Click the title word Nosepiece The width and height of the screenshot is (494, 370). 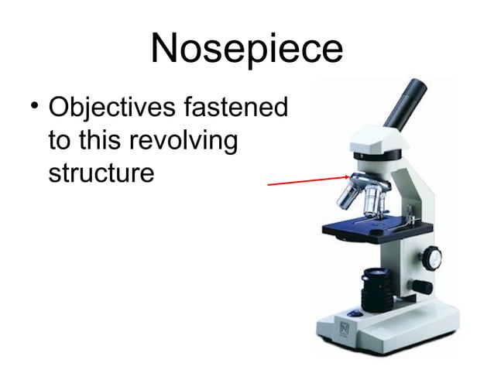coord(247,49)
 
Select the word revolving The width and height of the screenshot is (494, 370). coord(184,140)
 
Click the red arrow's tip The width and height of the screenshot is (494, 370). coord(350,176)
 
